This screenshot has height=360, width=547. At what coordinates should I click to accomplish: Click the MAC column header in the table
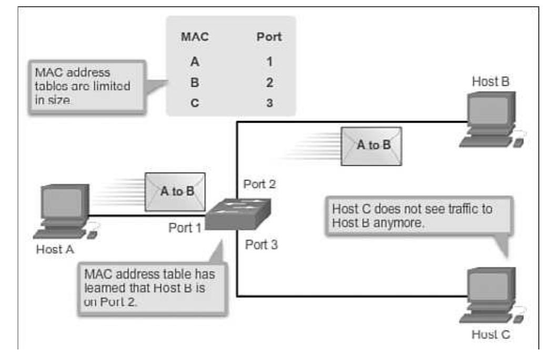pos(195,37)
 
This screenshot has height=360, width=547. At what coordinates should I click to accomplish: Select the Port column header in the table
pos(268,37)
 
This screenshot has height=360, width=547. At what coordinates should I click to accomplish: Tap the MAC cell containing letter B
pos(195,83)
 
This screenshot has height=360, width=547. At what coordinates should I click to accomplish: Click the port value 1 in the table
pos(269,62)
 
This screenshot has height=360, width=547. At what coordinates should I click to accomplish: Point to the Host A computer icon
pos(64,211)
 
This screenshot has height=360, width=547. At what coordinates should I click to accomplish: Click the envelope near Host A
pos(175,192)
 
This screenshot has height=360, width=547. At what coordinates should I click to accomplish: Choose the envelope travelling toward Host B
pos(372,145)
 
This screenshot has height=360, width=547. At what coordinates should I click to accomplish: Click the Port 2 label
pos(259,185)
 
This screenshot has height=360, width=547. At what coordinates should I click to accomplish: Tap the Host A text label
pos(55,249)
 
